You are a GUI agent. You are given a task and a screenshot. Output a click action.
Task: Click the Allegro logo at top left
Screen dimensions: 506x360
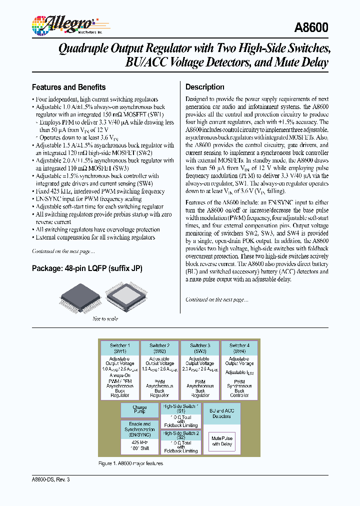[x=64, y=24]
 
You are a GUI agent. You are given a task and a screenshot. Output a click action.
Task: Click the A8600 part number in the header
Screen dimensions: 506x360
[x=312, y=28]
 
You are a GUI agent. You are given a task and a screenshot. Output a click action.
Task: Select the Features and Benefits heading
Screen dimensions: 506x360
[x=68, y=87]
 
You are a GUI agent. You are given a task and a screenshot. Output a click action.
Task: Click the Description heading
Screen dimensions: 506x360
[x=204, y=87]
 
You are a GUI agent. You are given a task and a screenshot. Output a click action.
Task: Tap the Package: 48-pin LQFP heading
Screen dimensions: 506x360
[x=87, y=268]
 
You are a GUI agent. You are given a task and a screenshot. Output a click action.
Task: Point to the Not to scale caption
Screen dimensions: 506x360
[x=105, y=319]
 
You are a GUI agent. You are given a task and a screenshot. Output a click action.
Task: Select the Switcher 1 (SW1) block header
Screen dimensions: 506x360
[x=119, y=348]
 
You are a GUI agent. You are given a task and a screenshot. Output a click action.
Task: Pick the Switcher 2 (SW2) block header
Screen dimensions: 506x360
[x=159, y=348]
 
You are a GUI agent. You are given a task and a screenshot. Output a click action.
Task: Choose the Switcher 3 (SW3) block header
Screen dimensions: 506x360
[x=199, y=348]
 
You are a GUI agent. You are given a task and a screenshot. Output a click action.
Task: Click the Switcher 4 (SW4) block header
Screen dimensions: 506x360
[x=239, y=348]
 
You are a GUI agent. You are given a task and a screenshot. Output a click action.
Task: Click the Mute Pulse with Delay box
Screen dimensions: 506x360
[x=222, y=441]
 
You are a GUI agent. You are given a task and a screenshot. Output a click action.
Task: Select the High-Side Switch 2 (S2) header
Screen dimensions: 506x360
[x=180, y=435]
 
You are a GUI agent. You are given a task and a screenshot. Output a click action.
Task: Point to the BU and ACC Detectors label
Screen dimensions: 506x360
[x=222, y=413]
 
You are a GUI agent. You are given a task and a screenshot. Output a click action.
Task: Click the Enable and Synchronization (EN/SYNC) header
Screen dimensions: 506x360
[x=139, y=429]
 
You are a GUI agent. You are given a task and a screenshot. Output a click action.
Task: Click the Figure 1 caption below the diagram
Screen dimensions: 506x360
[x=130, y=463]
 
